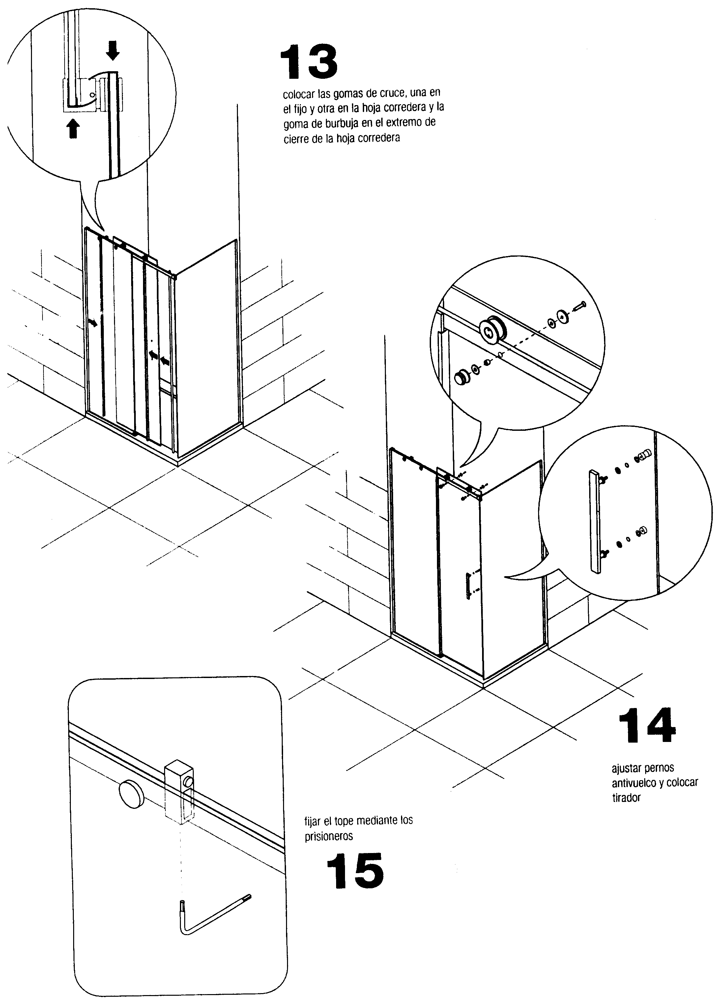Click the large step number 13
pyautogui.click(x=309, y=62)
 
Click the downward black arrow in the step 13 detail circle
pyautogui.click(x=113, y=50)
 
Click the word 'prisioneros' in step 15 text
pyautogui.click(x=329, y=836)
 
